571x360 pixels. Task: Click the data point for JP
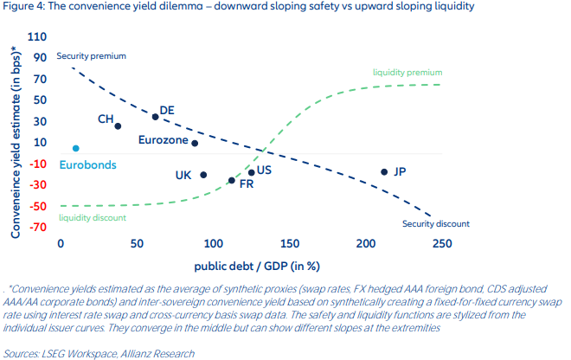384,171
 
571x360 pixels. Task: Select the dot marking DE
155,117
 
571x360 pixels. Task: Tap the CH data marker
118,126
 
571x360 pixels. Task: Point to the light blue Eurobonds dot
76,149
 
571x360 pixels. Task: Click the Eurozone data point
195,144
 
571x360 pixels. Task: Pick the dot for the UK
203,175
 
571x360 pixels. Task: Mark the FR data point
231,180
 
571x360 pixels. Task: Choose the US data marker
252,172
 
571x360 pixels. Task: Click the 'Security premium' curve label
91,56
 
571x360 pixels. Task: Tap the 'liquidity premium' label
407,73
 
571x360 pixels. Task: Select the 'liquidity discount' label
93,218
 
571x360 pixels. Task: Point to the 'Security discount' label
435,223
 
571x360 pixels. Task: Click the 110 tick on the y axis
38,38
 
